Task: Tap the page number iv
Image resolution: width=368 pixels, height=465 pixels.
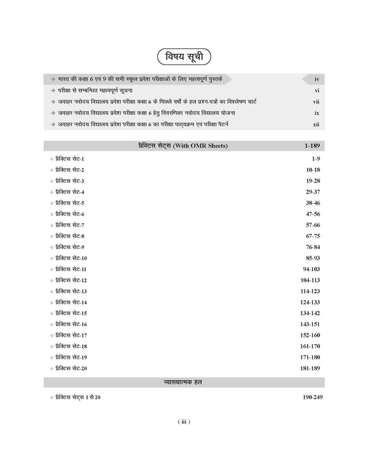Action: (x=318, y=79)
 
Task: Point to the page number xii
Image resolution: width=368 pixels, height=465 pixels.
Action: (x=316, y=124)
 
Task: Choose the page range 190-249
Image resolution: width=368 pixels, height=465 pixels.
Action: (x=310, y=396)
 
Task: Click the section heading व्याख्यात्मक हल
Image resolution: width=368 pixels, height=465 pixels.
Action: (x=183, y=381)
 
